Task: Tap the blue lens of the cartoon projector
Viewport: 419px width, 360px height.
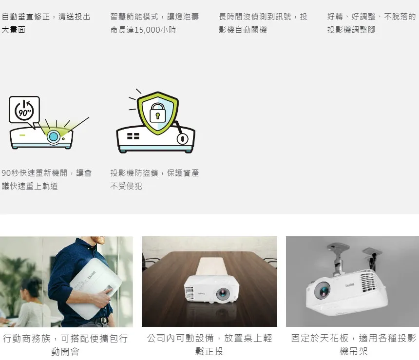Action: [x=54, y=137]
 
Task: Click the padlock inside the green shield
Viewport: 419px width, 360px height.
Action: [x=158, y=113]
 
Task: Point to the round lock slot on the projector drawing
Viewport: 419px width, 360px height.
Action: [x=183, y=139]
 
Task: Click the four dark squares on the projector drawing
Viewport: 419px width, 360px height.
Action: [x=133, y=136]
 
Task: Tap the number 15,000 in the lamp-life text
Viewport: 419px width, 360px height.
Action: [x=147, y=30]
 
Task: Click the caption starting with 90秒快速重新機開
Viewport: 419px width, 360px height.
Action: [x=46, y=179]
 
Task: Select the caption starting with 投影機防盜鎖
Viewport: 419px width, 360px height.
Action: [x=154, y=179]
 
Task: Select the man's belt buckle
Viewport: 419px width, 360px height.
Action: [x=104, y=321]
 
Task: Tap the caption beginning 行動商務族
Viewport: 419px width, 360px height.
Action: [x=65, y=345]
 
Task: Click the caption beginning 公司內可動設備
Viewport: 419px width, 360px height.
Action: [x=209, y=345]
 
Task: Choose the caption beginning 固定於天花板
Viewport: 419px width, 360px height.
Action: [x=354, y=345]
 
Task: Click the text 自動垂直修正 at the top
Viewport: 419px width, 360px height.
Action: [x=26, y=17]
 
